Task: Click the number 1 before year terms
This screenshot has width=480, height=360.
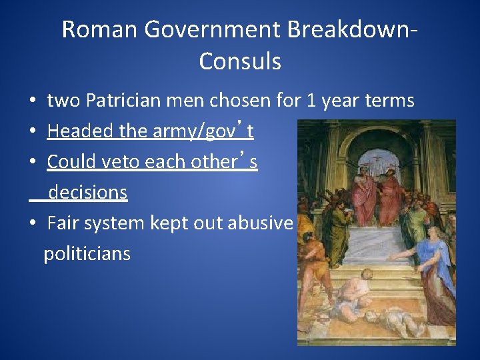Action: point(311,101)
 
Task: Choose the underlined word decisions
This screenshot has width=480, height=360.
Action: point(87,193)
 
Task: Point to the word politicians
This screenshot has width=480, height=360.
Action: point(87,254)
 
